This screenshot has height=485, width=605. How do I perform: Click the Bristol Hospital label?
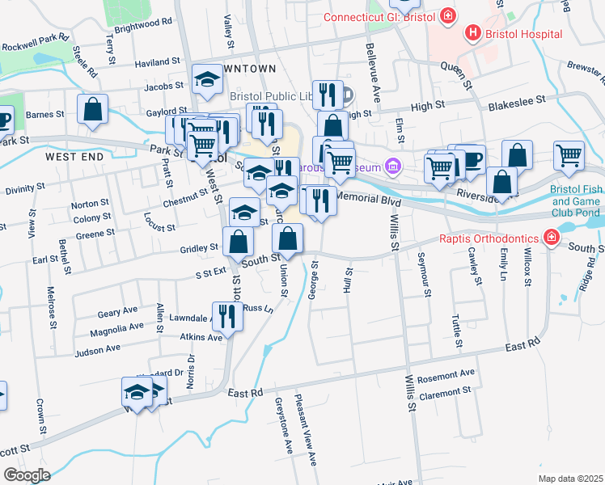pyautogui.click(x=522, y=34)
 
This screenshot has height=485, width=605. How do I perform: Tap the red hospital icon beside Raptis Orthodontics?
pyautogui.click(x=551, y=238)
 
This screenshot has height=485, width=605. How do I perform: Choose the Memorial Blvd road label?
pyautogui.click(x=368, y=198)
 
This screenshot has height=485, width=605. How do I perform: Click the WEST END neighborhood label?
pyautogui.click(x=75, y=156)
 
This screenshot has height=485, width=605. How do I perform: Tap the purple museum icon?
pyautogui.click(x=393, y=167)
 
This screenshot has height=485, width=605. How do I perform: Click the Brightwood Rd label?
pyautogui.click(x=143, y=24)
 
